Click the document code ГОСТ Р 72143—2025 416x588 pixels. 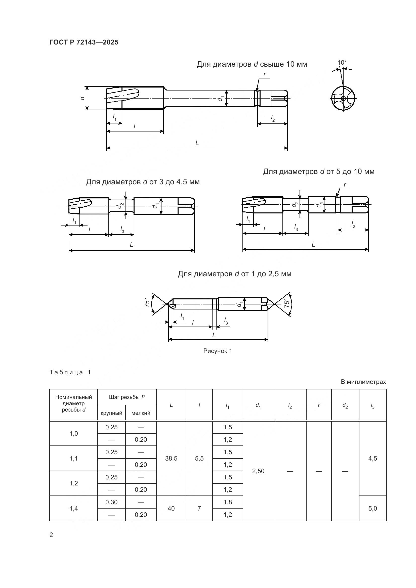(84, 42)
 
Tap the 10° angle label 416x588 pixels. (342, 63)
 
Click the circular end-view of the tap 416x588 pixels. (343, 98)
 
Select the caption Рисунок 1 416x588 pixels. (218, 351)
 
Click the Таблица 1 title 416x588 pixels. (70, 372)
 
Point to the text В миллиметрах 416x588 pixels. (363, 382)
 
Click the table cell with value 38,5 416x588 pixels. (171, 459)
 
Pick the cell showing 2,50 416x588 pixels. (258, 471)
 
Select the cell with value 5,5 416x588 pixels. (199, 459)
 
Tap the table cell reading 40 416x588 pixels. (171, 508)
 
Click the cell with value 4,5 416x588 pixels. (372, 459)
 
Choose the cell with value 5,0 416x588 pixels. (372, 508)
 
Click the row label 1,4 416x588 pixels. (73, 508)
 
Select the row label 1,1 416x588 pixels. (73, 459)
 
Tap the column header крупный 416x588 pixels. (111, 413)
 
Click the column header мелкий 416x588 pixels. (141, 413)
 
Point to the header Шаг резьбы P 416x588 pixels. (127, 397)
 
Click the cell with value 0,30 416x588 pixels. (111, 502)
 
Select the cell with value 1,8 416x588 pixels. (227, 502)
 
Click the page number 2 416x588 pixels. (51, 535)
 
